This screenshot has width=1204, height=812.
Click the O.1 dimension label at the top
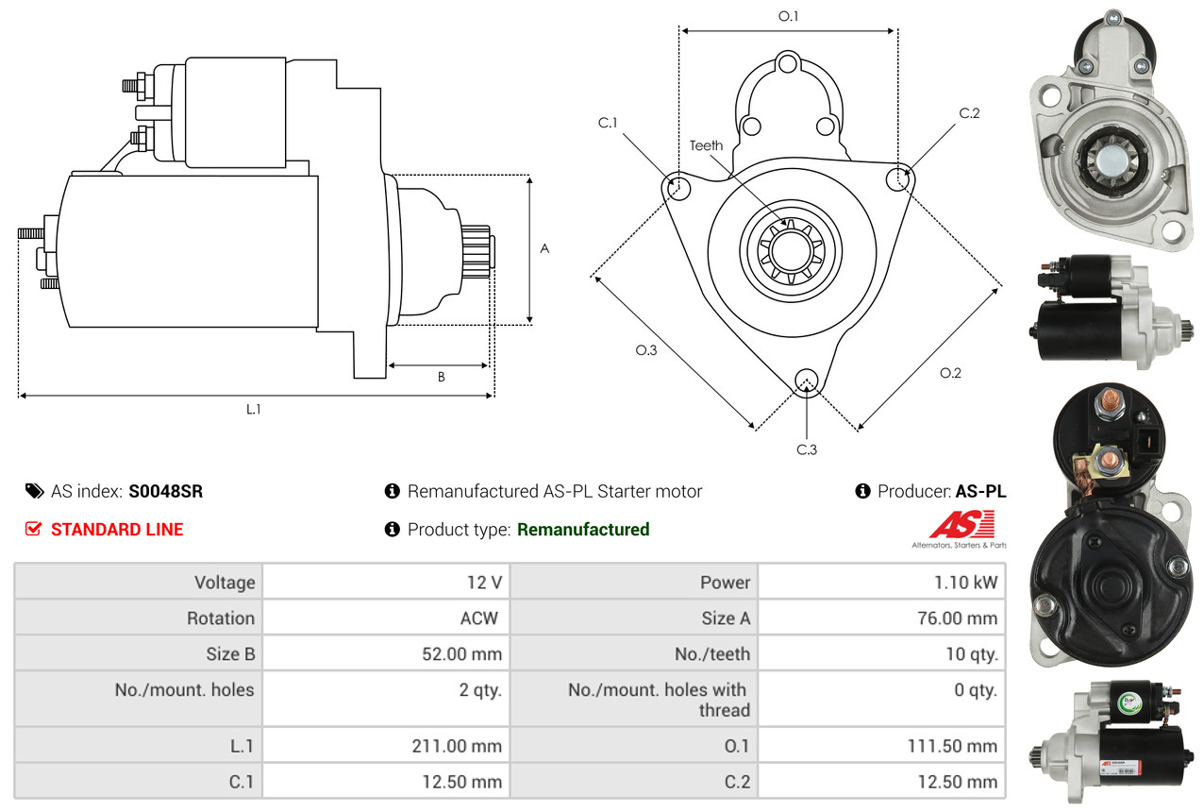click(788, 17)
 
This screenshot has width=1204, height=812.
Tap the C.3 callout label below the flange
click(806, 449)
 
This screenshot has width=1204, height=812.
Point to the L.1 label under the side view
click(253, 409)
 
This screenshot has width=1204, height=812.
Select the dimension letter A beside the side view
click(544, 248)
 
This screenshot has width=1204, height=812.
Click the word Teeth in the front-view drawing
click(706, 145)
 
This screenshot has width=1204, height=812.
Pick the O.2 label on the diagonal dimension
click(950, 373)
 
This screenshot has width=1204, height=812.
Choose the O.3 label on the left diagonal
click(646, 350)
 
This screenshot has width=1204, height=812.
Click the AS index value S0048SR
click(165, 492)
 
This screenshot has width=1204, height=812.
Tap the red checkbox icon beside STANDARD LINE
click(33, 529)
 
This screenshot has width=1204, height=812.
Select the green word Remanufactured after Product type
click(583, 530)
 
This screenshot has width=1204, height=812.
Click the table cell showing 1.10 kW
click(965, 583)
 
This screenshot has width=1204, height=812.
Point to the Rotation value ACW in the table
click(478, 618)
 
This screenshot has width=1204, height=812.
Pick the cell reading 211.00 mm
click(457, 747)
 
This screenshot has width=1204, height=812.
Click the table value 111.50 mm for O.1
click(952, 747)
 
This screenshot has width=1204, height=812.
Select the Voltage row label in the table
click(225, 583)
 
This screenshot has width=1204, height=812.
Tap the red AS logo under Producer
click(962, 525)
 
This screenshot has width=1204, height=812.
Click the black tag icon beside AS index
click(34, 491)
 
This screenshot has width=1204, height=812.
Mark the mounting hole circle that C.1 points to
click(677, 186)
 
